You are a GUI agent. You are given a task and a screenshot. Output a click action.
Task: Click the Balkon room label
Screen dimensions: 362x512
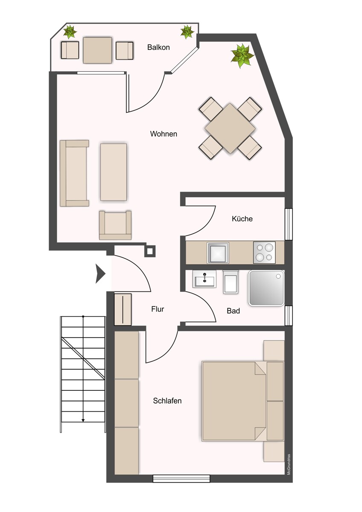click(x=158, y=47)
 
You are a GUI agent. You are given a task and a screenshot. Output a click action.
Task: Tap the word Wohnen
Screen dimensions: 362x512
click(x=163, y=134)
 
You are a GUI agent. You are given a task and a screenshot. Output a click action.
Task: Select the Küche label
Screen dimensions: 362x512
click(x=242, y=219)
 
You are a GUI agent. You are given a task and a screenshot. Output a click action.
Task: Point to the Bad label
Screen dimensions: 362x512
click(x=233, y=311)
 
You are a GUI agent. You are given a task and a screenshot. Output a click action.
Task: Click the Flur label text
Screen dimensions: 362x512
click(x=158, y=309)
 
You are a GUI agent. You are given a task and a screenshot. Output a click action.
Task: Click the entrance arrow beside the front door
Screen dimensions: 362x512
click(x=100, y=273)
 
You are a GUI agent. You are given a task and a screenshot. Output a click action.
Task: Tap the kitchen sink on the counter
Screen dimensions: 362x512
click(x=218, y=253)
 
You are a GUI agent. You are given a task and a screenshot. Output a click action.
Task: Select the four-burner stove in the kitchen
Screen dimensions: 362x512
click(x=264, y=253)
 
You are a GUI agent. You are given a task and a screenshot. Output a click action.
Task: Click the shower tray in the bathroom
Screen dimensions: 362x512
click(x=266, y=288)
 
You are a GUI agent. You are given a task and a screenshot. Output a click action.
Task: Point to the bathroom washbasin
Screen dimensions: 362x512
click(x=204, y=279)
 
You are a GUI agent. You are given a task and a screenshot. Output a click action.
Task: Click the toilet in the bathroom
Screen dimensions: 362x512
click(x=231, y=282)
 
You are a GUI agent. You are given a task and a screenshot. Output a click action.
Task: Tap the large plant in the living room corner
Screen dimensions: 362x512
click(x=242, y=56)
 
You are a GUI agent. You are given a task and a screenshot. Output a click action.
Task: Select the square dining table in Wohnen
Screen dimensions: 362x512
click(x=230, y=128)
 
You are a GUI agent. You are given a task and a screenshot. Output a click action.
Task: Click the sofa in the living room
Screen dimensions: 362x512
click(x=74, y=173)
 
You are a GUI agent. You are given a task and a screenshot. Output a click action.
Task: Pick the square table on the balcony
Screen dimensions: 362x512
click(x=97, y=50)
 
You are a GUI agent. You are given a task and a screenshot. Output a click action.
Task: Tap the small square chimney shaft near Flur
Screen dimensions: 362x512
click(x=150, y=251)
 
